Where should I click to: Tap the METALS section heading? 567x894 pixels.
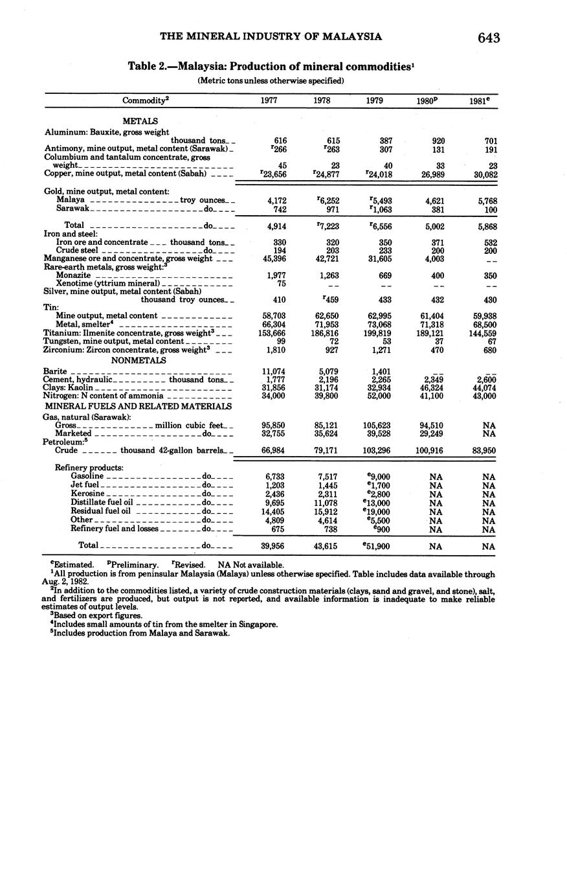point(140,121)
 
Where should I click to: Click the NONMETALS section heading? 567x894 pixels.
point(139,360)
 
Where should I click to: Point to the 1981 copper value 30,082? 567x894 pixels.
point(482,174)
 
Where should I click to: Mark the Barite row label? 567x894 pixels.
point(55,371)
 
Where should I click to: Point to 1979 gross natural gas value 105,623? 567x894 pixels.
point(375,426)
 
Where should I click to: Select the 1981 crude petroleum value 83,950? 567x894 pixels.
point(482,450)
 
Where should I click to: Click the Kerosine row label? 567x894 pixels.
point(87,494)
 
